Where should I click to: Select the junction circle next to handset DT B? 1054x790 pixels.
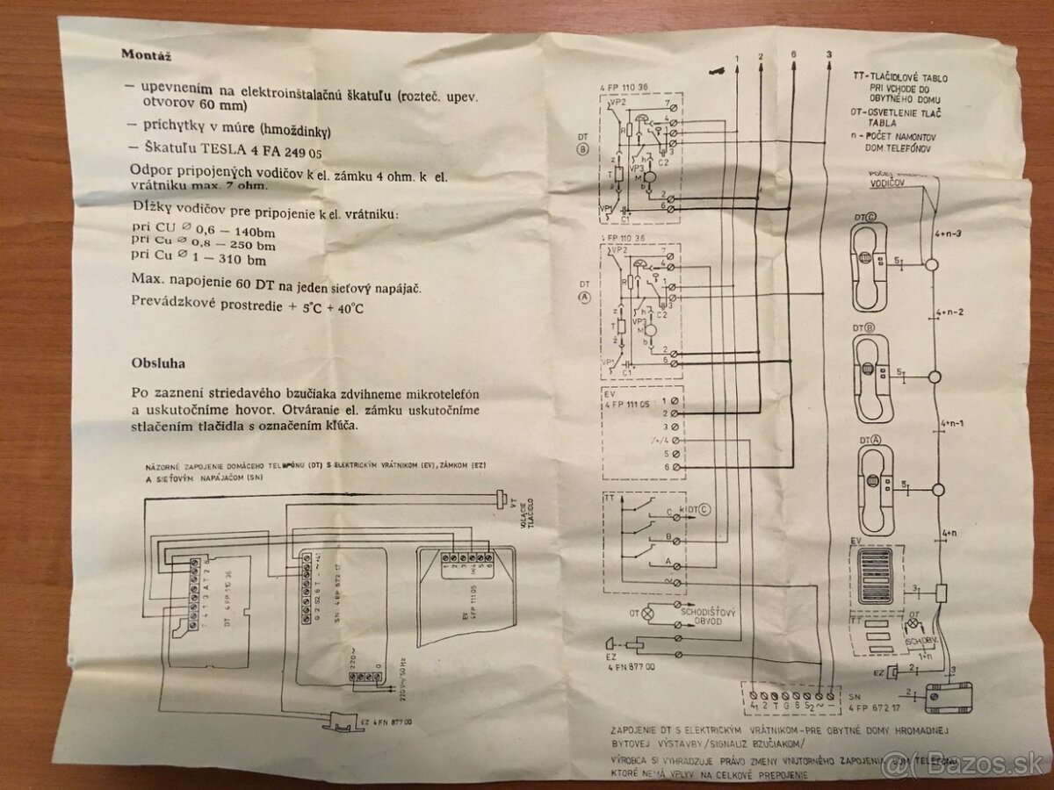[x=935, y=377]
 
